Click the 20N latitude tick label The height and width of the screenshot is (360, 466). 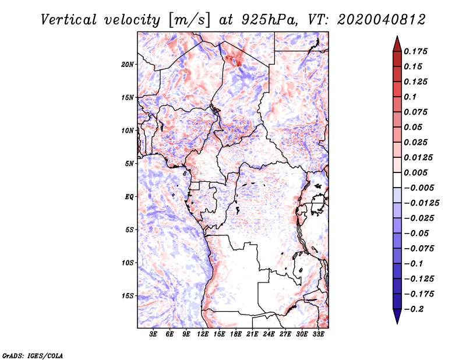click(x=127, y=65)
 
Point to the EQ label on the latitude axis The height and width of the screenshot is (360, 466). click(x=129, y=197)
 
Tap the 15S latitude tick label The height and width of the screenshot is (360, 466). click(x=127, y=296)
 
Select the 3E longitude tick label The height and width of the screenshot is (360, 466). click(x=153, y=334)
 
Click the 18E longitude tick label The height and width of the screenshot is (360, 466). click(x=236, y=334)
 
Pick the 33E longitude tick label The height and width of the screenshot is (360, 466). click(x=318, y=334)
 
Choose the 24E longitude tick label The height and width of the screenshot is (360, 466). click(x=269, y=334)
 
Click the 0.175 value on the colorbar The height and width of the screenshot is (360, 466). click(x=415, y=51)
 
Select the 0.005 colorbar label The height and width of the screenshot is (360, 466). click(x=415, y=172)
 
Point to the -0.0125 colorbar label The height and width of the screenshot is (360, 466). click(x=421, y=203)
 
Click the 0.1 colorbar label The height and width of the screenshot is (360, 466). click(x=410, y=97)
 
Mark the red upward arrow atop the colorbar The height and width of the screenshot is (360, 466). click(x=397, y=44)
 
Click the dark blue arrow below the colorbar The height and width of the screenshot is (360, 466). click(x=397, y=316)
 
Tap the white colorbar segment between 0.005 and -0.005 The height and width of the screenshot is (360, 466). click(x=397, y=180)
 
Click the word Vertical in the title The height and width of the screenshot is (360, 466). click(x=69, y=20)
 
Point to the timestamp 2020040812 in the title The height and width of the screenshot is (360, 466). click(x=382, y=20)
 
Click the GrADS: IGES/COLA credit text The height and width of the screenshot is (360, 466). click(x=33, y=355)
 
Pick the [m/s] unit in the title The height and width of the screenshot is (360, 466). click(x=189, y=20)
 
